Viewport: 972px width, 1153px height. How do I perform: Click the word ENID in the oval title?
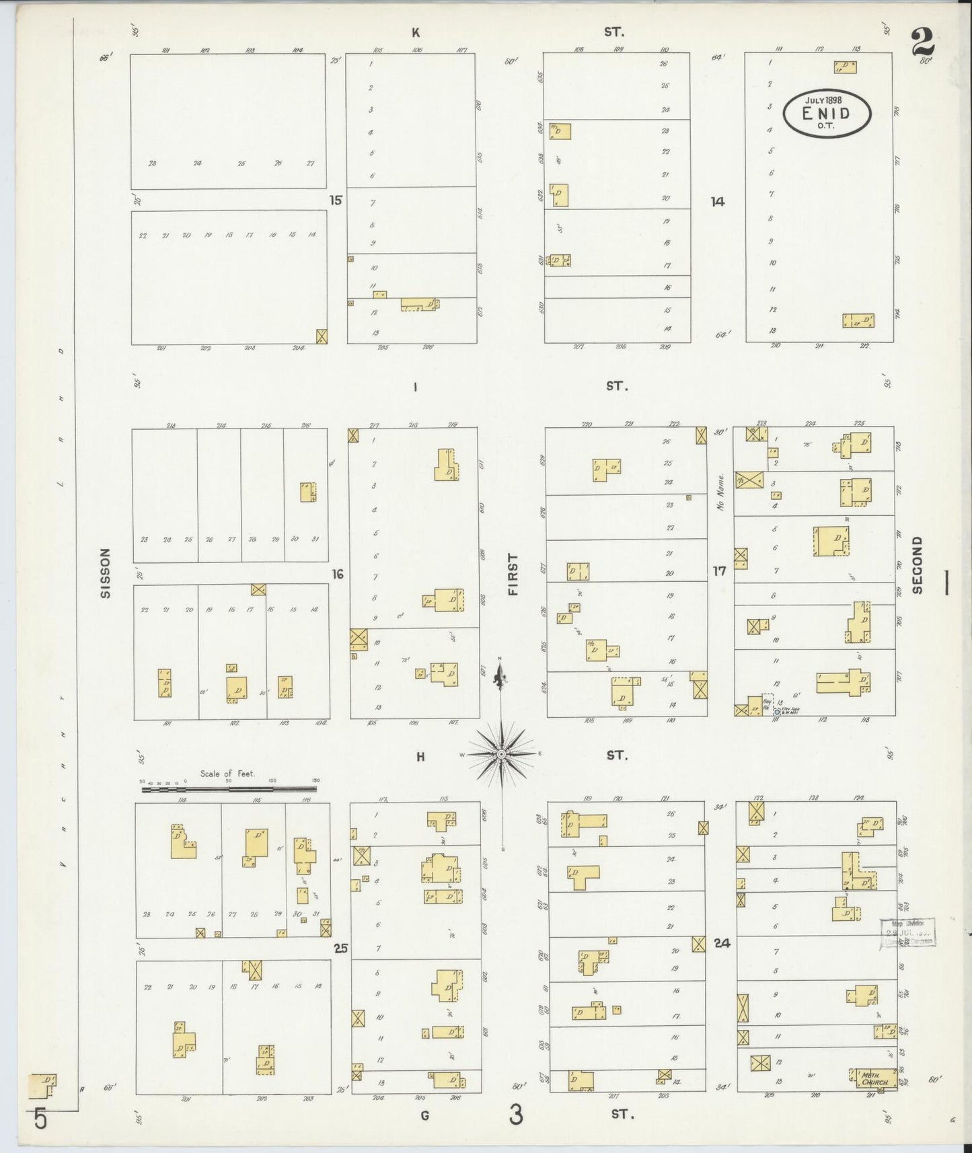point(826,114)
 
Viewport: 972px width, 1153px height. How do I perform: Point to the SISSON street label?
point(105,573)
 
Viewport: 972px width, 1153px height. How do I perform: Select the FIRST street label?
point(513,574)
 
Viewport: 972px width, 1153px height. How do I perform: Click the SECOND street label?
point(918,565)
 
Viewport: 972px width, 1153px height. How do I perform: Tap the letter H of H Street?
point(420,757)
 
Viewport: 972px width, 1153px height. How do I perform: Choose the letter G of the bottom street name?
point(424,1115)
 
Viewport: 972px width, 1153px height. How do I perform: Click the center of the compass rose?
point(501,755)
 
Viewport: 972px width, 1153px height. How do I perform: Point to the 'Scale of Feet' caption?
point(227,774)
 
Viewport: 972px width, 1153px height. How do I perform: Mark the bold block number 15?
point(336,200)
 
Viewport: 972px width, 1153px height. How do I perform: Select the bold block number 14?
point(718,200)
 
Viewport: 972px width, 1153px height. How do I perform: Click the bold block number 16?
point(337,574)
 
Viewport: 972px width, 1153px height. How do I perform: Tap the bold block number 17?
point(720,571)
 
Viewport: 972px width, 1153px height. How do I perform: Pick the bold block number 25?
point(341,949)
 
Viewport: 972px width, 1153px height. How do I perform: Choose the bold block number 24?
point(722,943)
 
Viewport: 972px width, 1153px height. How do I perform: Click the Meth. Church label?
point(874,1079)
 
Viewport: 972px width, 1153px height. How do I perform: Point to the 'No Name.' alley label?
point(720,493)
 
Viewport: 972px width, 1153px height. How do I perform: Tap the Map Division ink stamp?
point(907,932)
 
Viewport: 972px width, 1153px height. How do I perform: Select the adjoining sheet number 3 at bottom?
point(515,1115)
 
